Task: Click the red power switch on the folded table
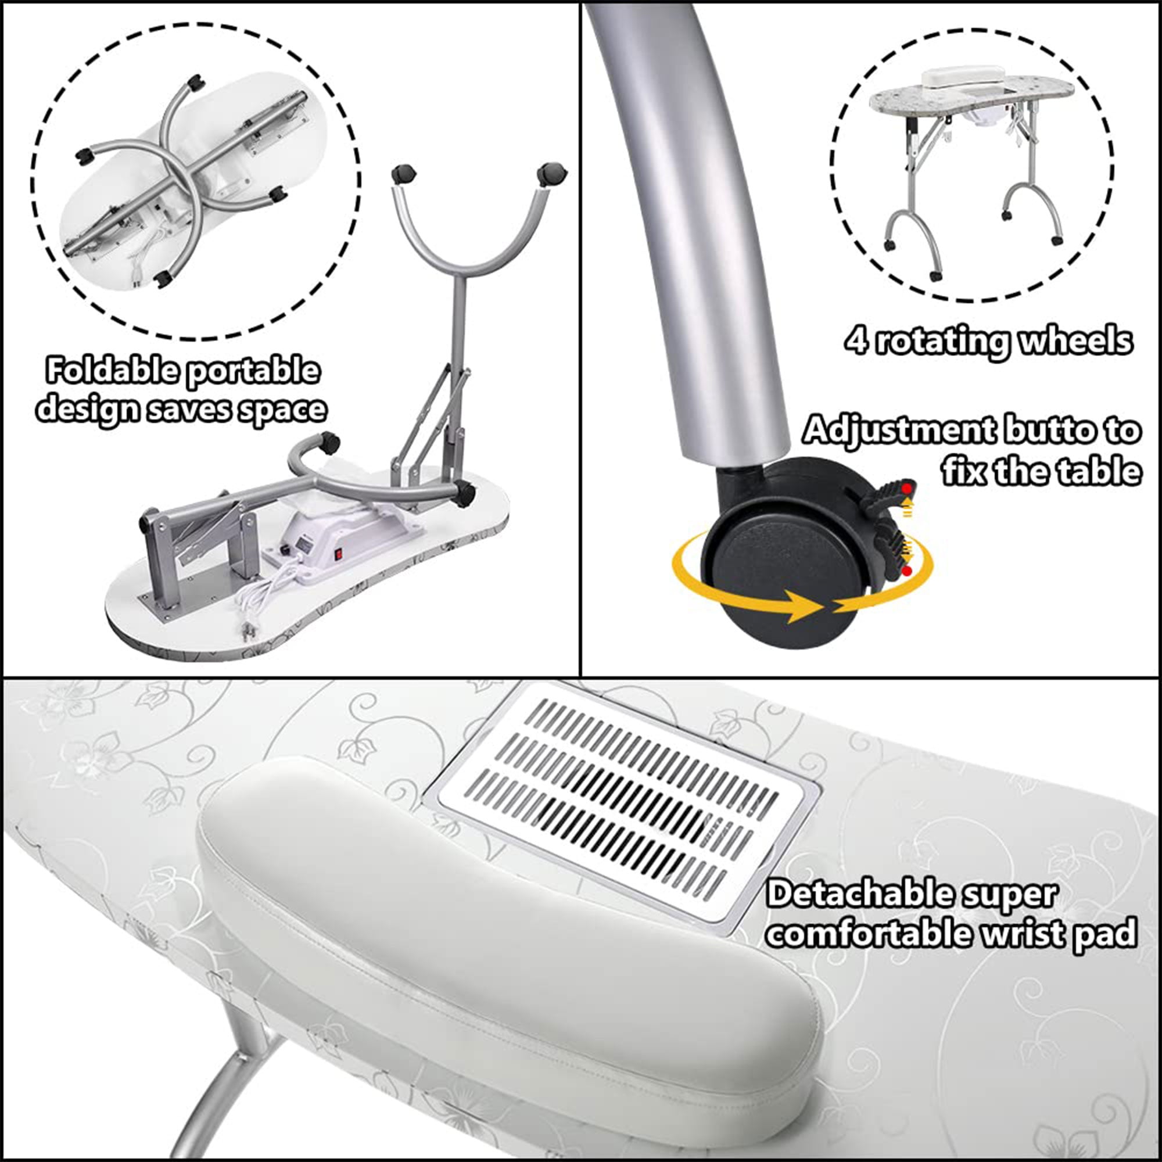338,553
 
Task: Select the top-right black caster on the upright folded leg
551,174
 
